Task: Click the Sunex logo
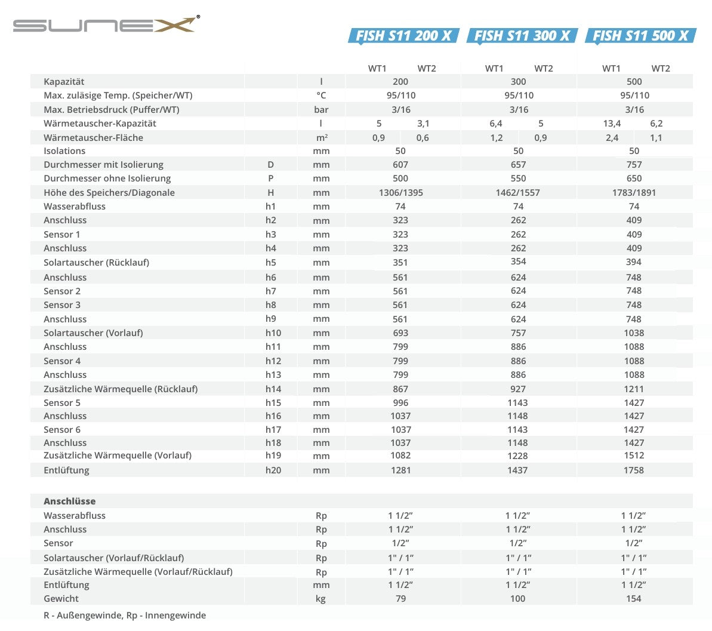106,25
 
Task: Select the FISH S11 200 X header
403,36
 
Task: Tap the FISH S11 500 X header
640,36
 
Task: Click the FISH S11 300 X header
522,36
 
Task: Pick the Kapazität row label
64,82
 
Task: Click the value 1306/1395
400,193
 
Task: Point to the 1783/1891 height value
634,193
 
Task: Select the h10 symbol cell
273,333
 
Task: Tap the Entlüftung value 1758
634,470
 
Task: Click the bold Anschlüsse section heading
69,501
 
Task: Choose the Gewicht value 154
634,599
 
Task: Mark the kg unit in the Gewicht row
321,599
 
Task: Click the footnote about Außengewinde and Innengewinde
125,615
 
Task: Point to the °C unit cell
321,96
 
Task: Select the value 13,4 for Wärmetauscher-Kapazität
612,124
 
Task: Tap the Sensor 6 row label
62,430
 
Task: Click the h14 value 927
518,389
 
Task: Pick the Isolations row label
64,151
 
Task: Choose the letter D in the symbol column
271,165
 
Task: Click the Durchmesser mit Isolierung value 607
400,165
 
